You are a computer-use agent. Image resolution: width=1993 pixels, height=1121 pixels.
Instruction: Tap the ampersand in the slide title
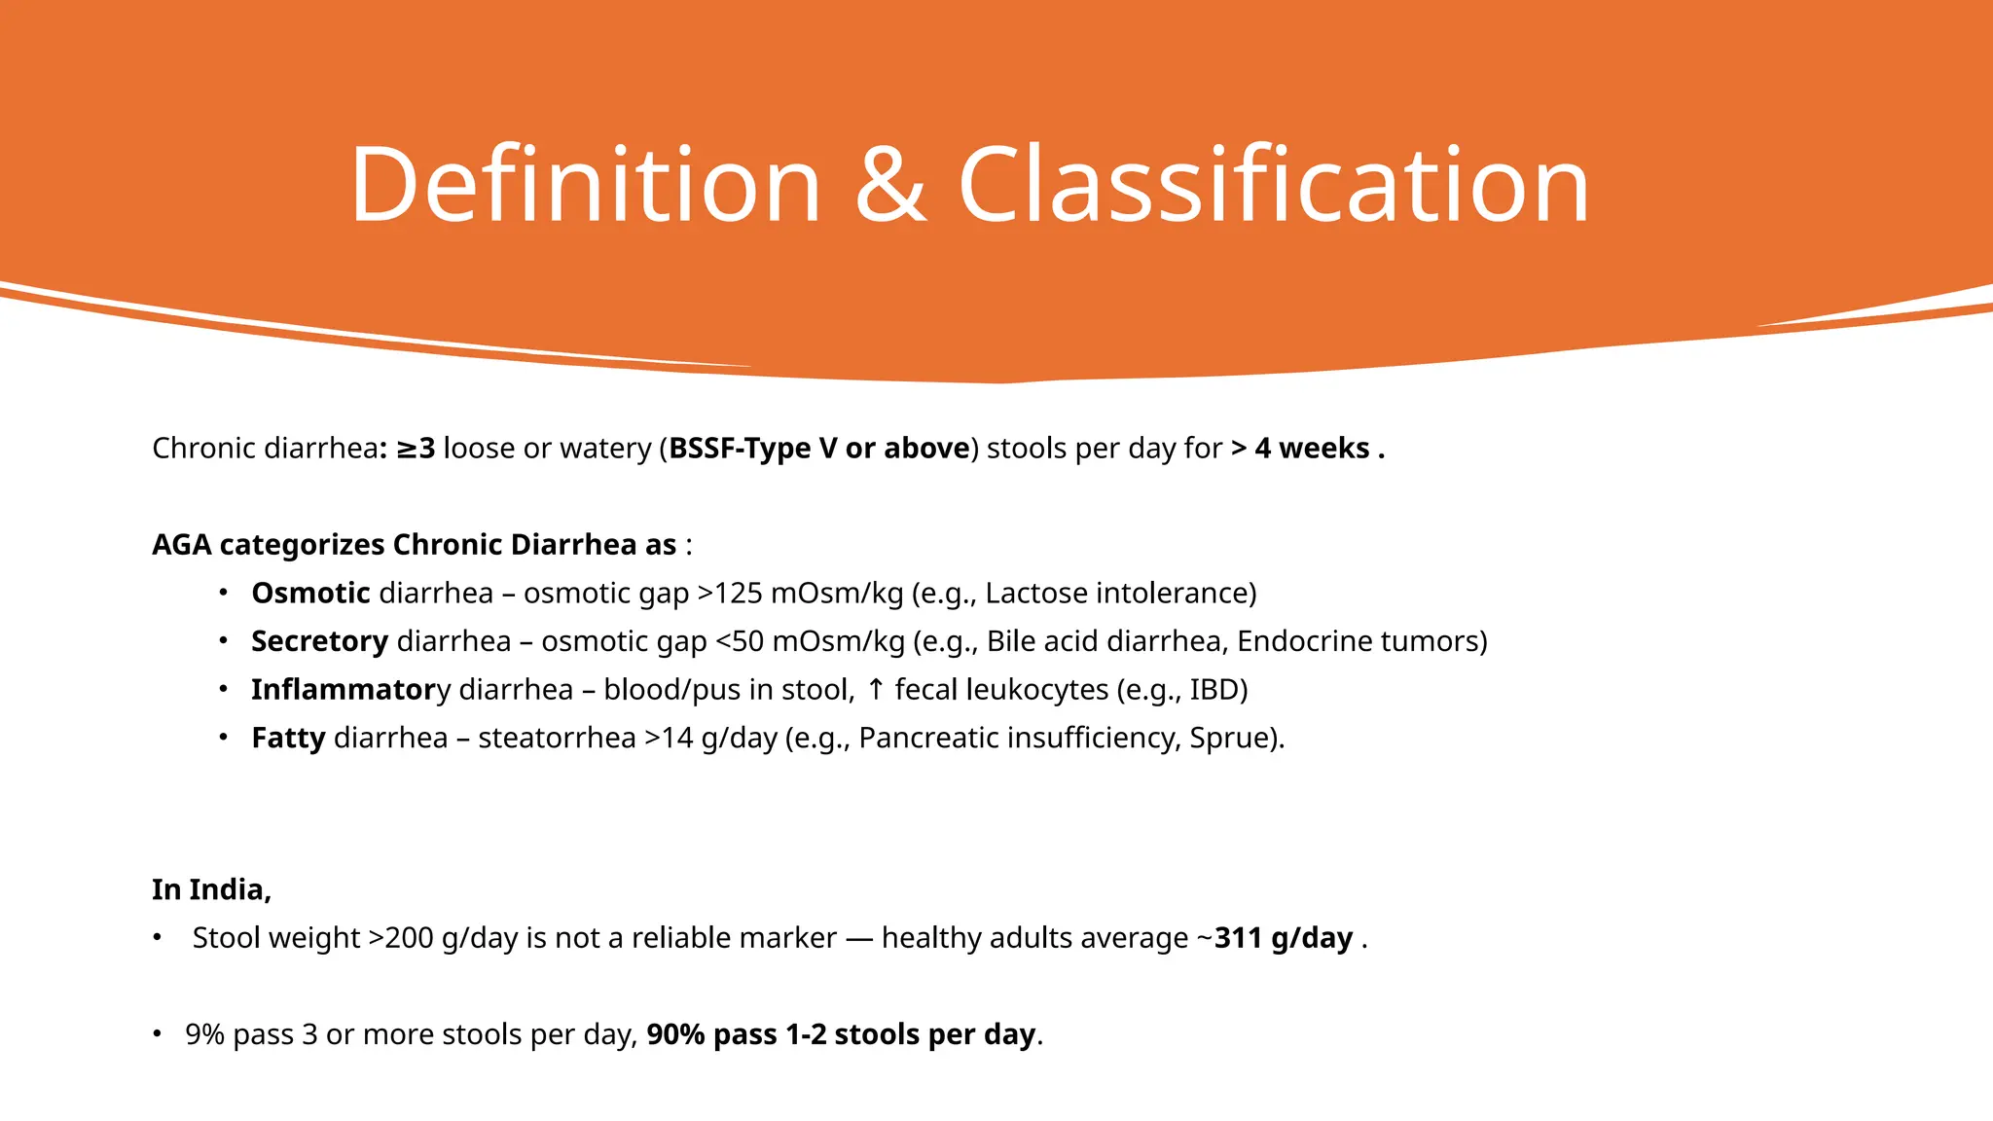[889, 185]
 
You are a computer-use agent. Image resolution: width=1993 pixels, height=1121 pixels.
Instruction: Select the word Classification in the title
[1273, 185]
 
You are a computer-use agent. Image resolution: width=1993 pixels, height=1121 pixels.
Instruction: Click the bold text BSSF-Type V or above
[819, 449]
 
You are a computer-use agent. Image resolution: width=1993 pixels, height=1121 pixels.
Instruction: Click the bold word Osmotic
[310, 594]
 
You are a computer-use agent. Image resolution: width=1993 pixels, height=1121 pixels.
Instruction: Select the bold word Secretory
[319, 641]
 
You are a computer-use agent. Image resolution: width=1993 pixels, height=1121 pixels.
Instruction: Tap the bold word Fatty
[288, 738]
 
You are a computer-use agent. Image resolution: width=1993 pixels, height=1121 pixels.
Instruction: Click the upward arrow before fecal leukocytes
[876, 690]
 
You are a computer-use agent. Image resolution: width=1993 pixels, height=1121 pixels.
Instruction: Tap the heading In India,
[211, 889]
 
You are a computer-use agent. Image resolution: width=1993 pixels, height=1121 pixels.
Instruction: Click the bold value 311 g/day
[1284, 938]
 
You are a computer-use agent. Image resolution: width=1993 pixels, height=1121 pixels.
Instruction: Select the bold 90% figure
[675, 1034]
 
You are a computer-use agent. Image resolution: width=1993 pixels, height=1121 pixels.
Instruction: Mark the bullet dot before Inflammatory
[223, 689]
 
